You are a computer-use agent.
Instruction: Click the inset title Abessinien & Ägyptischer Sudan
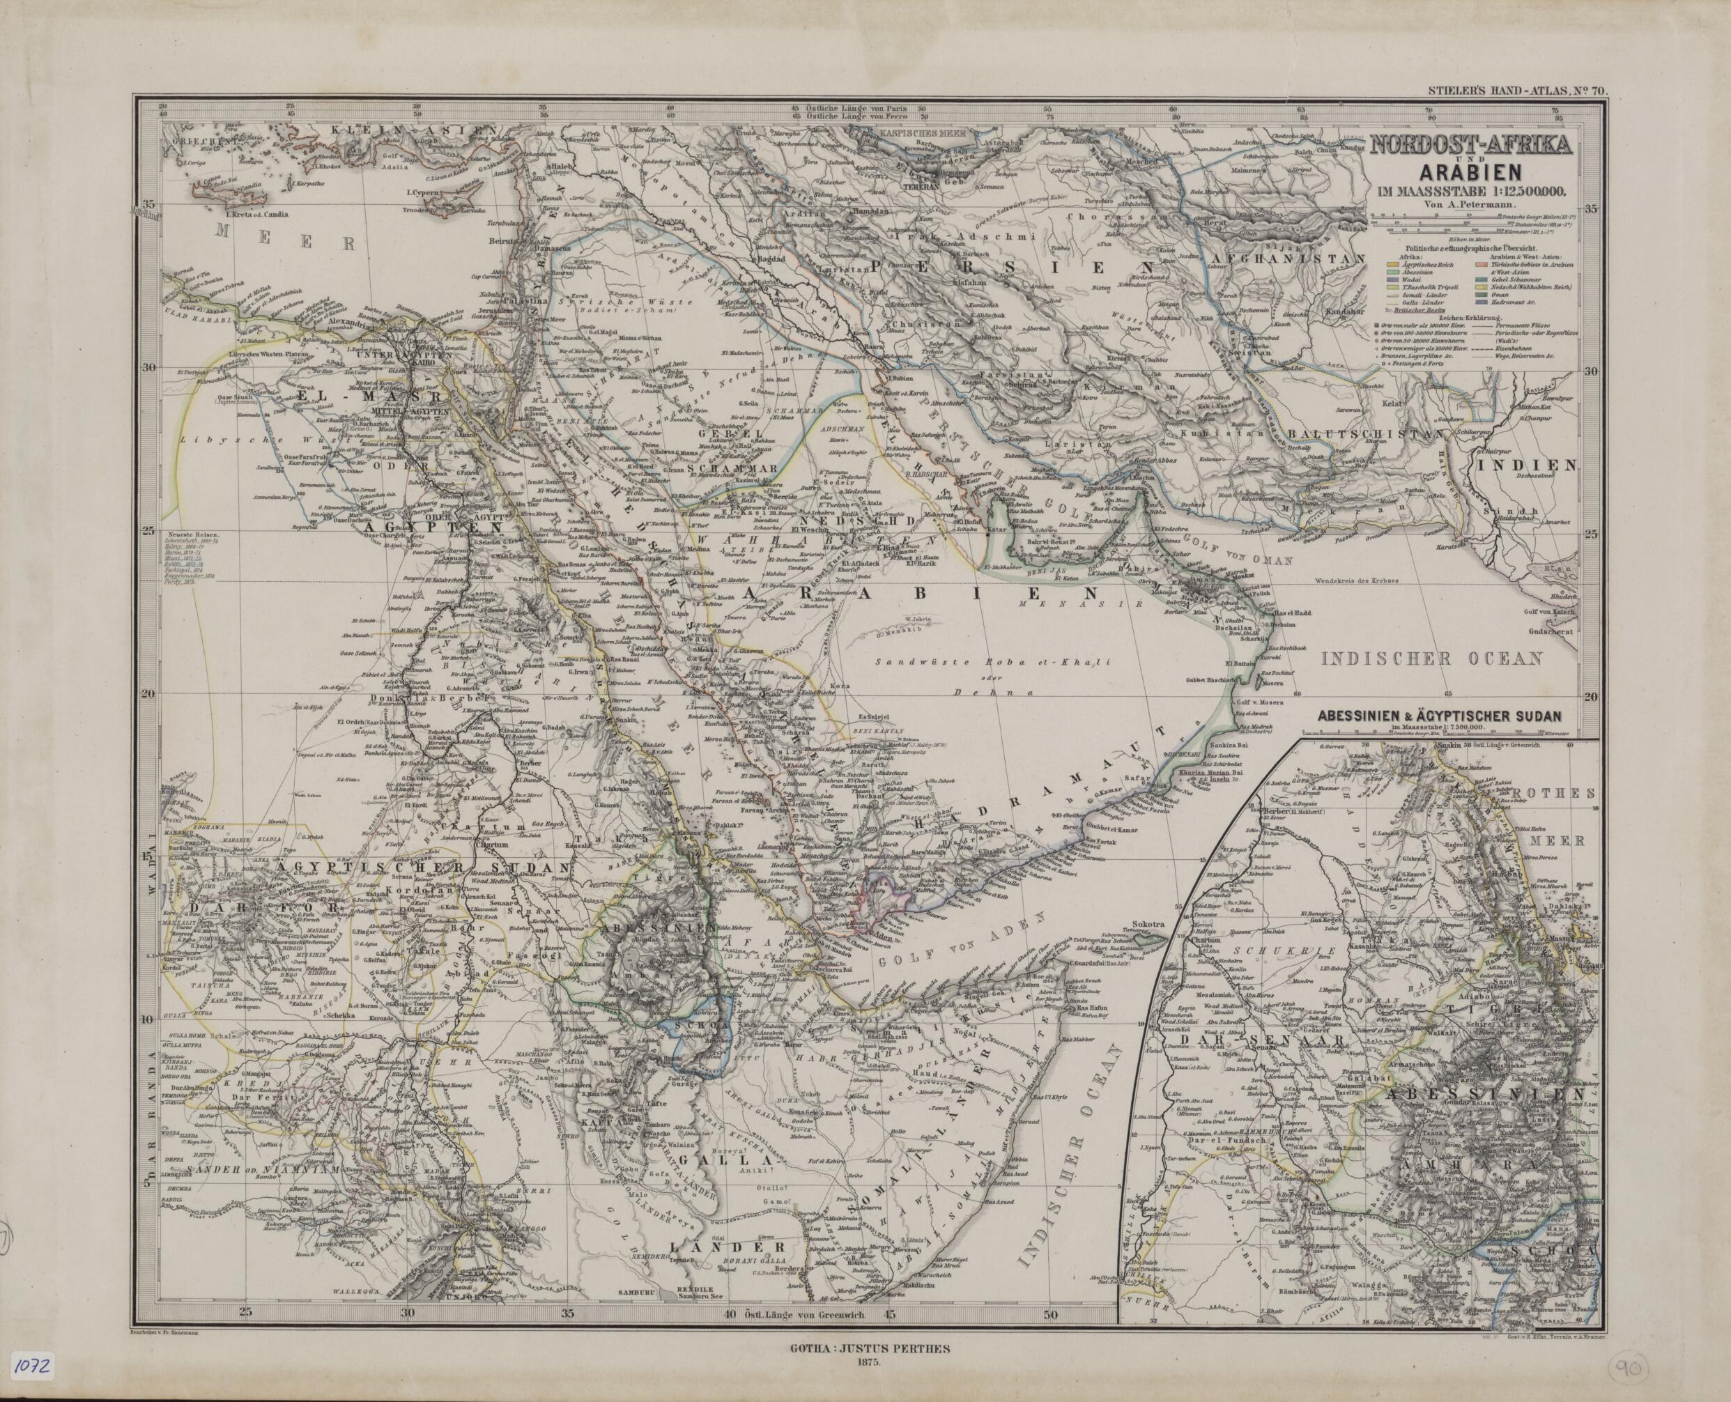point(1440,715)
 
